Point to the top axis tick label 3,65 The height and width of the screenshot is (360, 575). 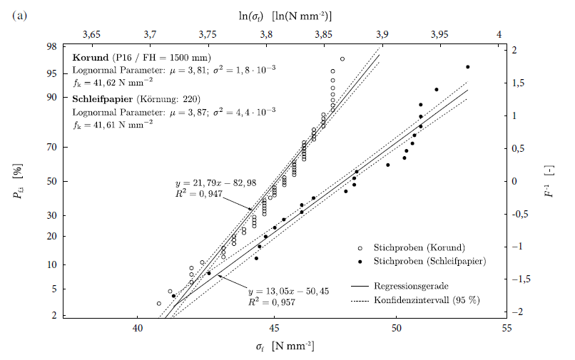pyautogui.click(x=92, y=34)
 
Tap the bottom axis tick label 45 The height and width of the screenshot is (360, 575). pyautogui.click(x=274, y=329)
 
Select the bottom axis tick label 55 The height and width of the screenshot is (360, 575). pyautogui.click(x=507, y=329)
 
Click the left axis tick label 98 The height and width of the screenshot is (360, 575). pyautogui.click(x=52, y=47)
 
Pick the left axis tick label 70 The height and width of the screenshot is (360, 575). pyautogui.click(x=52, y=148)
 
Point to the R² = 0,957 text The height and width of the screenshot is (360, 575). pyautogui.click(x=272, y=302)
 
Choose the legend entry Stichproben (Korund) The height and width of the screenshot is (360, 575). pyautogui.click(x=419, y=247)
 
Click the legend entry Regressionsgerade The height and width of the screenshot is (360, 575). pyautogui.click(x=414, y=285)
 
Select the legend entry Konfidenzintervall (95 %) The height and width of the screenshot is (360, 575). pyautogui.click(x=427, y=299)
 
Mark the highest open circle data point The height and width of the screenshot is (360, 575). pyautogui.click(x=342, y=59)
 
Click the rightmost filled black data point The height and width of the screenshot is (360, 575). pyautogui.click(x=467, y=67)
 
